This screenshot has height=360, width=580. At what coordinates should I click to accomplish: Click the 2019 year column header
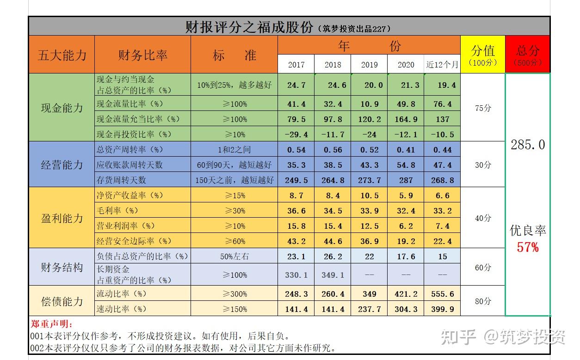coord(369,65)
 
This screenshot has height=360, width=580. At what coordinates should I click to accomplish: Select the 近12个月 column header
coord(442,65)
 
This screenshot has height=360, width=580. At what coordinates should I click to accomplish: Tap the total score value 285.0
coord(528,145)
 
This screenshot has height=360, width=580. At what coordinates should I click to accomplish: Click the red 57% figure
coord(528,247)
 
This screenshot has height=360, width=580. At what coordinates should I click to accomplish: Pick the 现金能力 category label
coord(62,108)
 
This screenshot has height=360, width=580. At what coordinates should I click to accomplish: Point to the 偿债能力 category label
coord(62,301)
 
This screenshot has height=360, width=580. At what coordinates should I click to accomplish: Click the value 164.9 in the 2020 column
coord(406,119)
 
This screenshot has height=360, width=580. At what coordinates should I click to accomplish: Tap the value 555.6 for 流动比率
coord(442,294)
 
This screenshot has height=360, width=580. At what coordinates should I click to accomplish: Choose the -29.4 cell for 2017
coord(296,134)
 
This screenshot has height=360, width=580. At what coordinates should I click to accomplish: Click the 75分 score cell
coord(483,108)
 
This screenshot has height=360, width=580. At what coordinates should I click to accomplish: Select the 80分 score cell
coord(483,301)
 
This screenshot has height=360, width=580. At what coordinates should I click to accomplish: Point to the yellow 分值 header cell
coord(483,55)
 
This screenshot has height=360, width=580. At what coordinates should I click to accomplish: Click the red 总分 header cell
coord(528,55)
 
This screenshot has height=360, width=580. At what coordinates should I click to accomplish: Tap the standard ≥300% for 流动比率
coord(234,294)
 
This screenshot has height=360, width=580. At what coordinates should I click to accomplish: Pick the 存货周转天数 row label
coord(121,180)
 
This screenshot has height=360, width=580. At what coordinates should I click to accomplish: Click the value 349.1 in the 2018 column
coord(333,275)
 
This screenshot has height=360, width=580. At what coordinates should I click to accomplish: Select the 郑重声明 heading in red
coord(51,325)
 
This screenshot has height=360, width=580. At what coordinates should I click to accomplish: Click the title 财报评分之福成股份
coord(249,27)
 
